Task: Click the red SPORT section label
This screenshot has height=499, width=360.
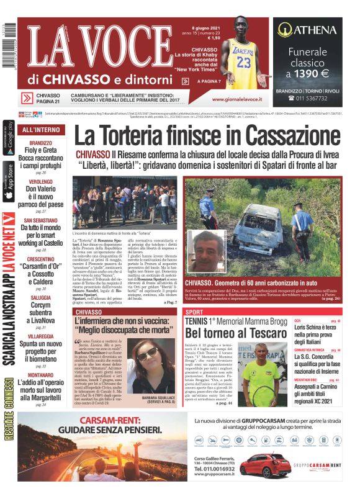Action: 194,312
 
